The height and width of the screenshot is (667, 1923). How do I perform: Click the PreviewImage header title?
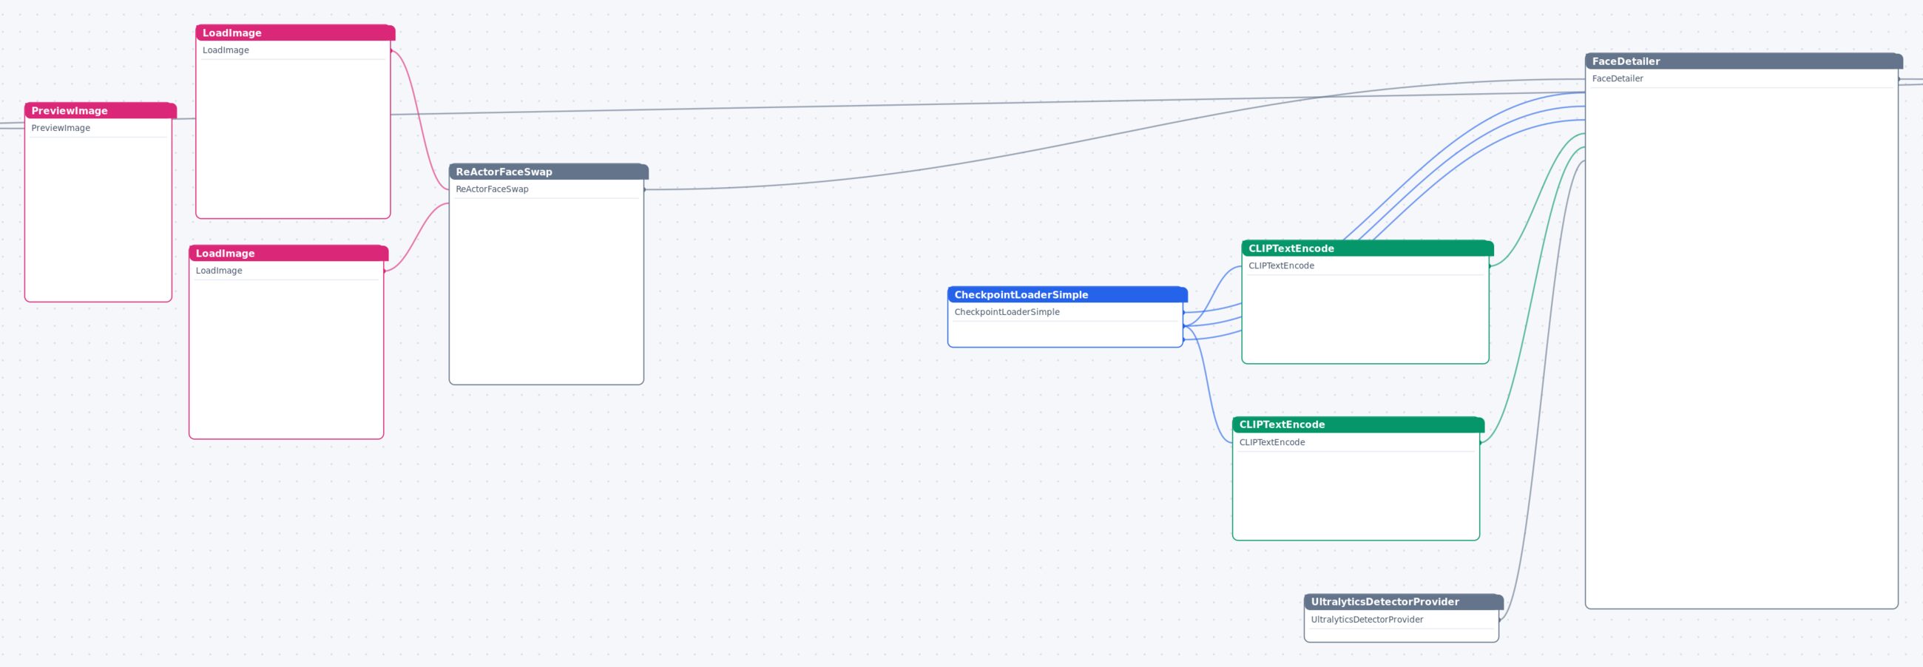tap(70, 110)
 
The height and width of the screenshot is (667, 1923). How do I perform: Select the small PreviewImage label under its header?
tap(61, 128)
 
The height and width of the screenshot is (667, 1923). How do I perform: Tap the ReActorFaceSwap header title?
tap(504, 172)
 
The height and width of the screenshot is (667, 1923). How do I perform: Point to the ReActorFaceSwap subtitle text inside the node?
tap(492, 189)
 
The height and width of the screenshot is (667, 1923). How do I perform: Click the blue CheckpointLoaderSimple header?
tap(1067, 295)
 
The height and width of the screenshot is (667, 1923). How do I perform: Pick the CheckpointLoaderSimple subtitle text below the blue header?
tap(1007, 312)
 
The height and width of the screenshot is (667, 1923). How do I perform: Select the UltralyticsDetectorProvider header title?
tap(1385, 601)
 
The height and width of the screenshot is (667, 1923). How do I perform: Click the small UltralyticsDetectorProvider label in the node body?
tap(1367, 619)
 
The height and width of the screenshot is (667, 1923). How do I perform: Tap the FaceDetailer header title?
tap(1626, 61)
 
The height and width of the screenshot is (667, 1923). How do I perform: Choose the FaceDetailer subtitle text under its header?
tap(1617, 78)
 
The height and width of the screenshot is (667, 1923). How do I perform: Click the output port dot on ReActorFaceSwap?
tap(644, 189)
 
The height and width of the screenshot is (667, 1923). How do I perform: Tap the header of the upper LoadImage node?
tap(295, 33)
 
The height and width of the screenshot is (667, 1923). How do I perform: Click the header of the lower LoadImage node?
tap(288, 253)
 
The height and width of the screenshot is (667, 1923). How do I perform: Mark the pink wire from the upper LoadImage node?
tap(419, 119)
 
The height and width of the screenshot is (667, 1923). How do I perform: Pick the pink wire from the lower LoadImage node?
tap(416, 237)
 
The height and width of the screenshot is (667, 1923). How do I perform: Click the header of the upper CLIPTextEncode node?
tap(1367, 248)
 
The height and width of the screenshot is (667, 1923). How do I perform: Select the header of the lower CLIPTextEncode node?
tap(1358, 424)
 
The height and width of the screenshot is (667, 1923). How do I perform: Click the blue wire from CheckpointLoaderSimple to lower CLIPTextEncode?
tap(1208, 385)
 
